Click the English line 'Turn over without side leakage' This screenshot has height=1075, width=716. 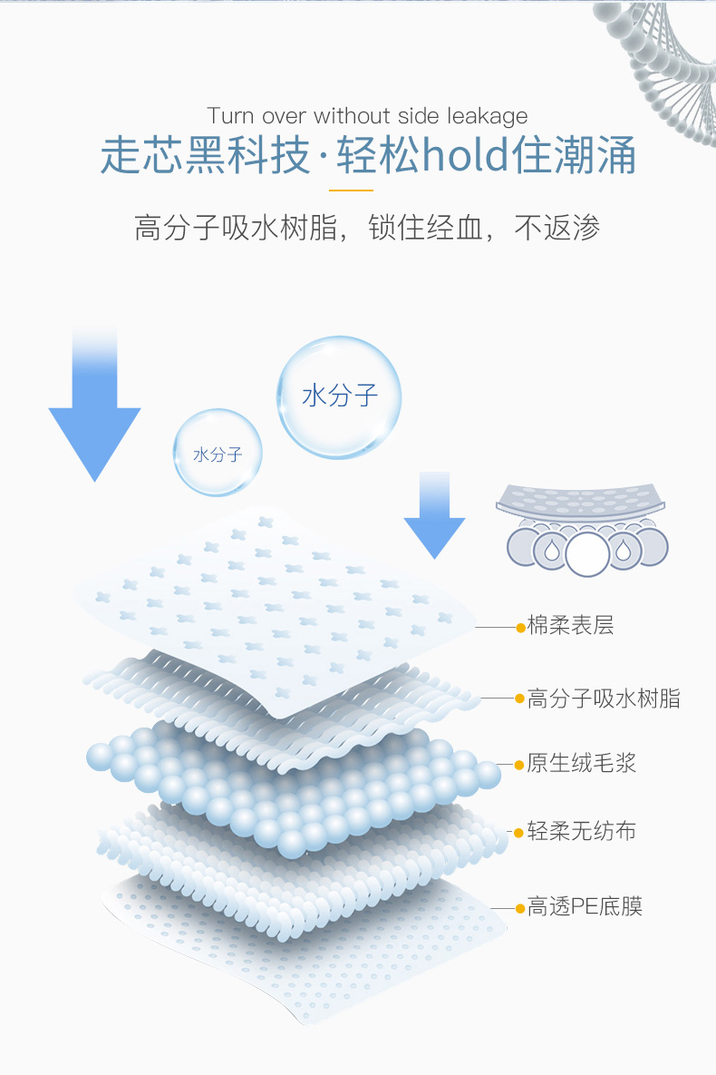click(x=367, y=116)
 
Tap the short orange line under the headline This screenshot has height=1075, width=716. click(x=351, y=191)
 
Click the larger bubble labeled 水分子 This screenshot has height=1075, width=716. click(x=339, y=396)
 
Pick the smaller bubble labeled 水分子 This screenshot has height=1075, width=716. click(x=218, y=453)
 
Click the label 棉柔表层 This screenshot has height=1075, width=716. click(x=570, y=626)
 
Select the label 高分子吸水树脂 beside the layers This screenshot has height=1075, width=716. click(x=604, y=699)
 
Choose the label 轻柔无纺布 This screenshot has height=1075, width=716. click(x=581, y=831)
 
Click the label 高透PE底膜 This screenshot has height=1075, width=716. click(x=585, y=906)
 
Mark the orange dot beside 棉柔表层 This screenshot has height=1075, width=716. click(x=520, y=627)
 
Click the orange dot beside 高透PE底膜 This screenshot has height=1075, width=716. click(x=520, y=907)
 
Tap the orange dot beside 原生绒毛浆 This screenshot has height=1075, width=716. click(x=520, y=764)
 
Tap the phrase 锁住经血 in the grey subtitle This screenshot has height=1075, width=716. click(x=425, y=228)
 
